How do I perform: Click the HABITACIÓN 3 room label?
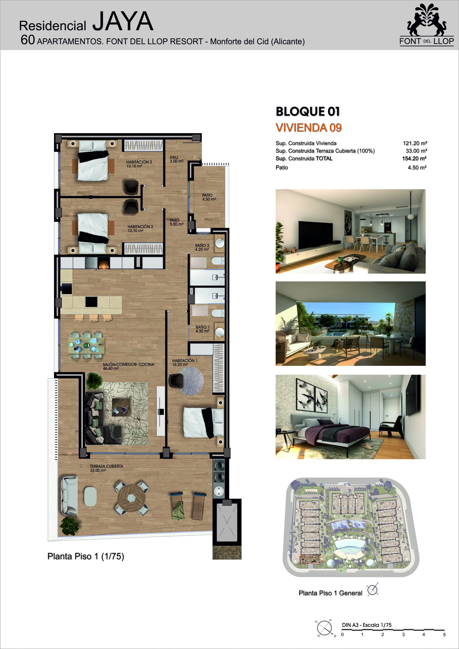point(139,164)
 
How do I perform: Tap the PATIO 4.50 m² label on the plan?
point(209,197)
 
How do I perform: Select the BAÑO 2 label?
point(202,247)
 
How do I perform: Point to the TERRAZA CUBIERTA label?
point(106,468)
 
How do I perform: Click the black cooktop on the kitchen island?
point(91,302)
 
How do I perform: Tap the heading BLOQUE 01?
point(308,111)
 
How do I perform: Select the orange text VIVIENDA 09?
point(309,128)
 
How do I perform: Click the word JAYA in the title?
point(123,22)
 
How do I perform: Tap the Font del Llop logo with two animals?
point(427,25)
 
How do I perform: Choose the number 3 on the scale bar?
point(403,634)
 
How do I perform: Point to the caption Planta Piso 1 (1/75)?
point(86,556)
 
